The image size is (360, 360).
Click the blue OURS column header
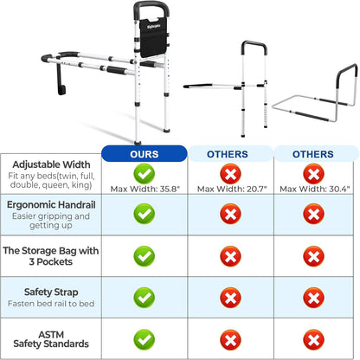145,154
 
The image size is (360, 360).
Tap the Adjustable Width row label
51,164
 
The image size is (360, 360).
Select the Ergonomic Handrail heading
51,205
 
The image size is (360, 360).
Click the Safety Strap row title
51,292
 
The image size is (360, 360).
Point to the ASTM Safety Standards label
51,339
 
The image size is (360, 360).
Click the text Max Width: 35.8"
145,190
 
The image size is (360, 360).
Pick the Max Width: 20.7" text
232,190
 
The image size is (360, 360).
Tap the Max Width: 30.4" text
315,190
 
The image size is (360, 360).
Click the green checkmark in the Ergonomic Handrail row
145,214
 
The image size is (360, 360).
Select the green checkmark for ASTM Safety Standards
145,340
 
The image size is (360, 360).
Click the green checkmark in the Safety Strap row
145,298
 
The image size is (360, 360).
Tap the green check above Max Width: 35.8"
145,174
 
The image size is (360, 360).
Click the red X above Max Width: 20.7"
230,174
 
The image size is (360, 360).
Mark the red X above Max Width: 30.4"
313,174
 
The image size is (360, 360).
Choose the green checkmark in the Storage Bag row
145,256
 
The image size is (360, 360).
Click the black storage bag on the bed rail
153,37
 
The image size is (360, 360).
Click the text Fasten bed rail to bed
51,304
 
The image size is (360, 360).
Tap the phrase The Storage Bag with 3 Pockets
51,256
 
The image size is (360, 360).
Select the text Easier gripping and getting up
51,221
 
